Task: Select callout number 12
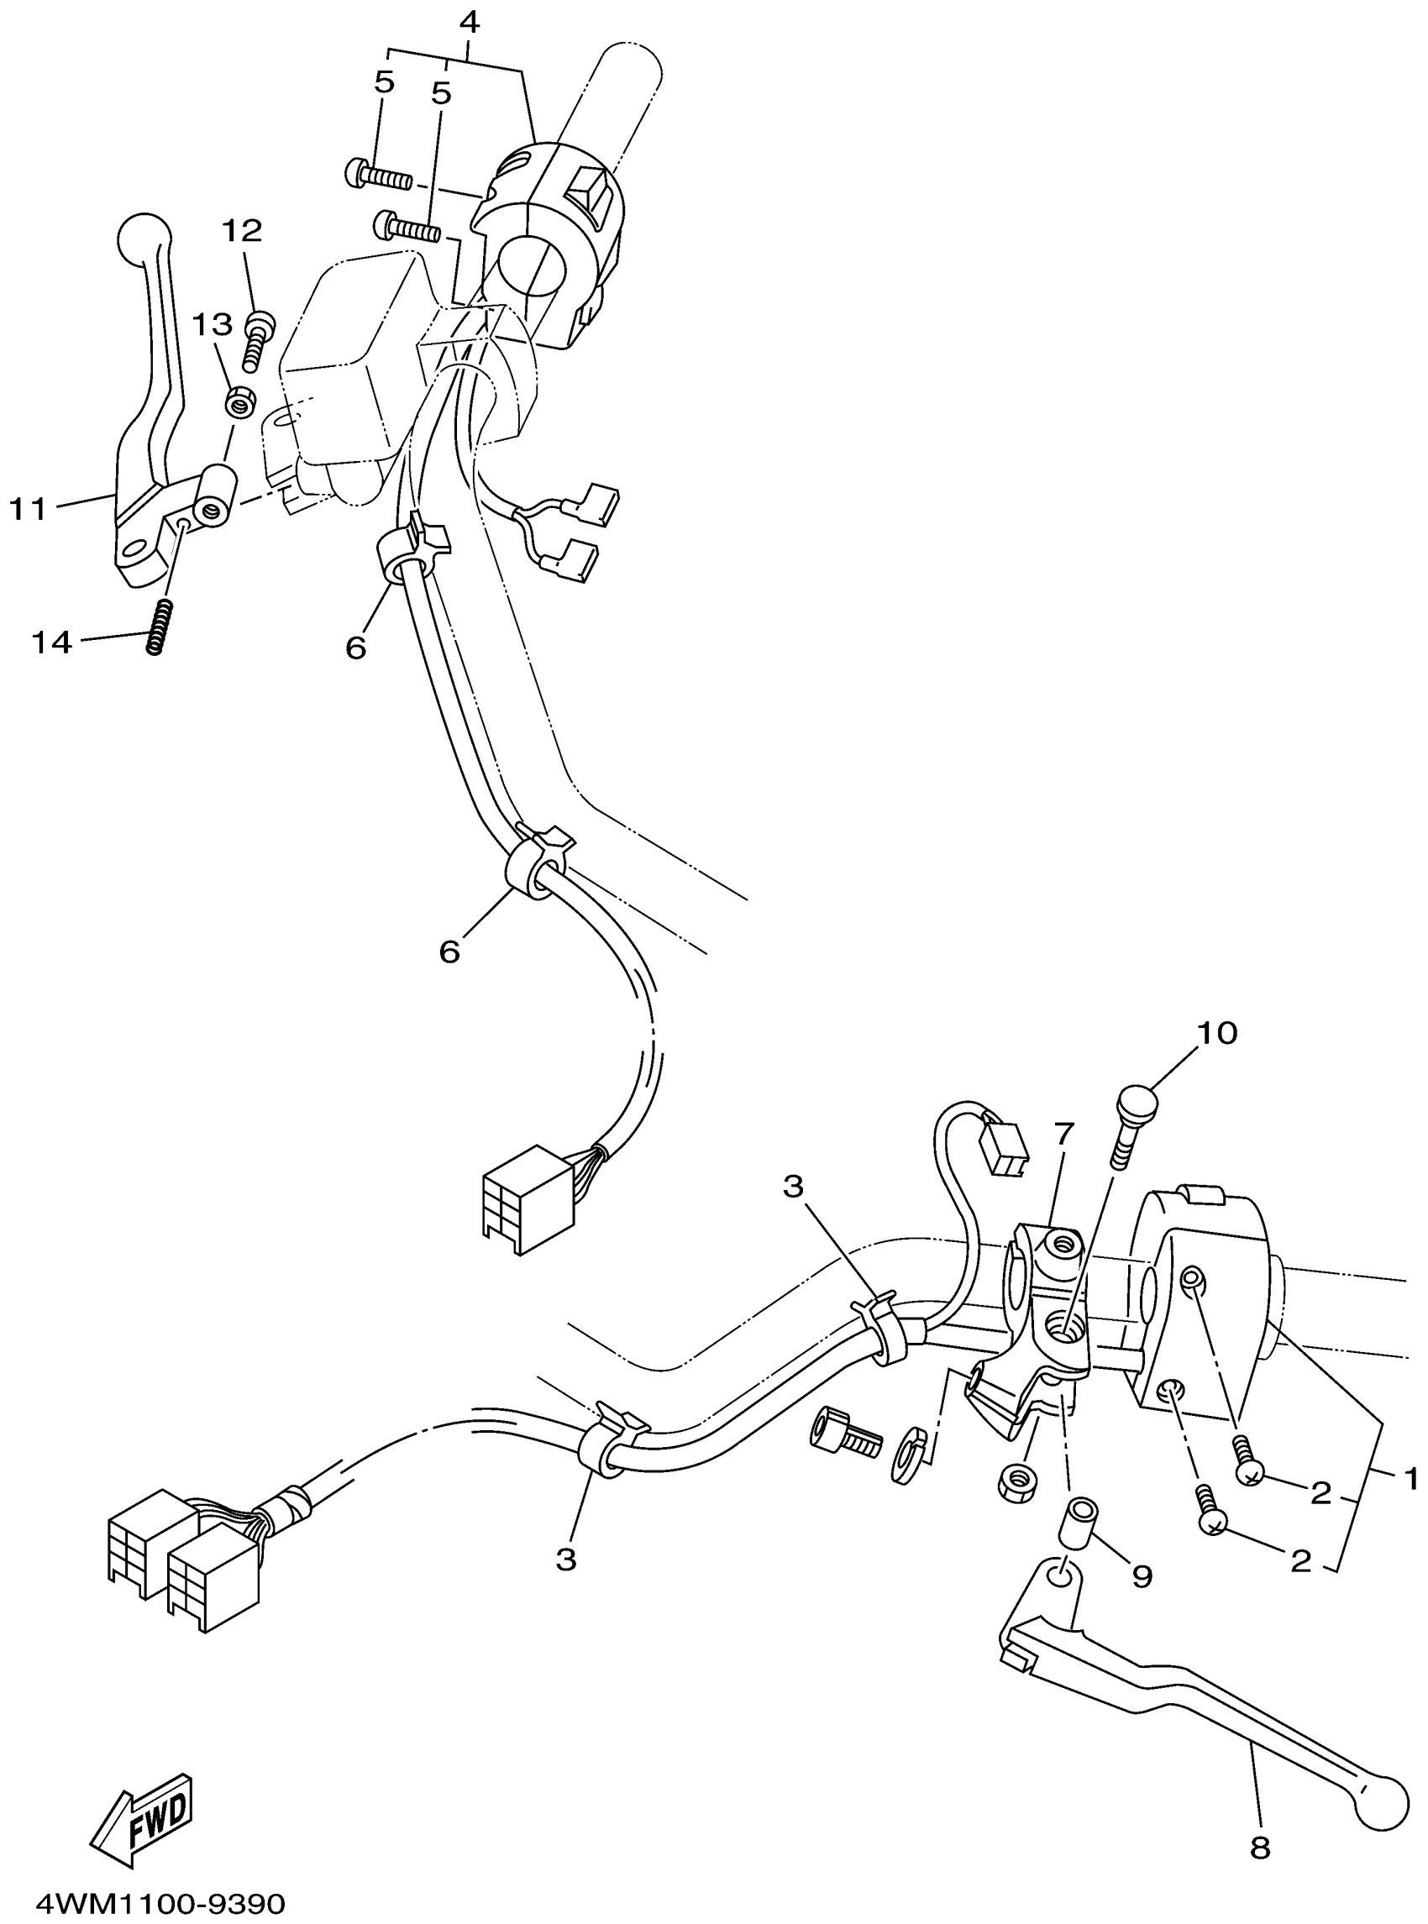tap(242, 231)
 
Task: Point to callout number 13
tap(212, 325)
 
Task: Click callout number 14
tap(52, 642)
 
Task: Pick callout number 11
tap(28, 508)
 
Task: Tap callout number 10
tap(1217, 1033)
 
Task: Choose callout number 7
tap(1063, 1132)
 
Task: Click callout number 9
tap(1142, 1575)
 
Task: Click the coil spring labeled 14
tap(156, 627)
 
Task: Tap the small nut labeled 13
tap(239, 401)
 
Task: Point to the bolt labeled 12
tap(256, 341)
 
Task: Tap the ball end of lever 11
tap(143, 236)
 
